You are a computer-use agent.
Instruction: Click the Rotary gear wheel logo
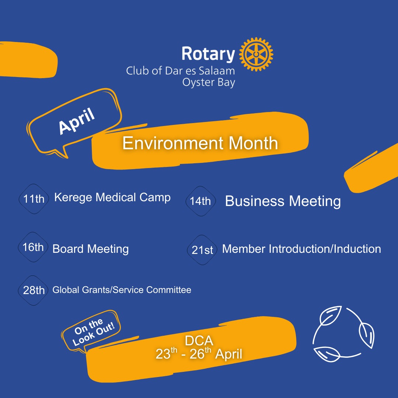tap(256, 54)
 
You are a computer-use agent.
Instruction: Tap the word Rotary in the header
tap(208, 54)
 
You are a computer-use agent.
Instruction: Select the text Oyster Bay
tap(209, 83)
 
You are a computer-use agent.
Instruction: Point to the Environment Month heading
tap(200, 143)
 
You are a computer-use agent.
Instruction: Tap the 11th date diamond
tap(34, 199)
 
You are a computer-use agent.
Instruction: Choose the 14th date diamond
tap(200, 201)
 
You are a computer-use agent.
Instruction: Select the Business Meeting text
tap(283, 202)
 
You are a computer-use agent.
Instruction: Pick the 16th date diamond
tap(33, 247)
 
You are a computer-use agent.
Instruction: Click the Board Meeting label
tap(90, 249)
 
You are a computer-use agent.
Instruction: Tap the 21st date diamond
tap(202, 250)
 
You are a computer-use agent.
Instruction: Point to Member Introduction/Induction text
tap(301, 249)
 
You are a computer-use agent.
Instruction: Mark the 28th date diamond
tap(33, 290)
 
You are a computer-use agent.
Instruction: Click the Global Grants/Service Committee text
tap(122, 290)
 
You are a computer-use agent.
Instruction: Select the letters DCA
tap(199, 341)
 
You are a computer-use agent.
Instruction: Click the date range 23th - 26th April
tap(199, 353)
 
